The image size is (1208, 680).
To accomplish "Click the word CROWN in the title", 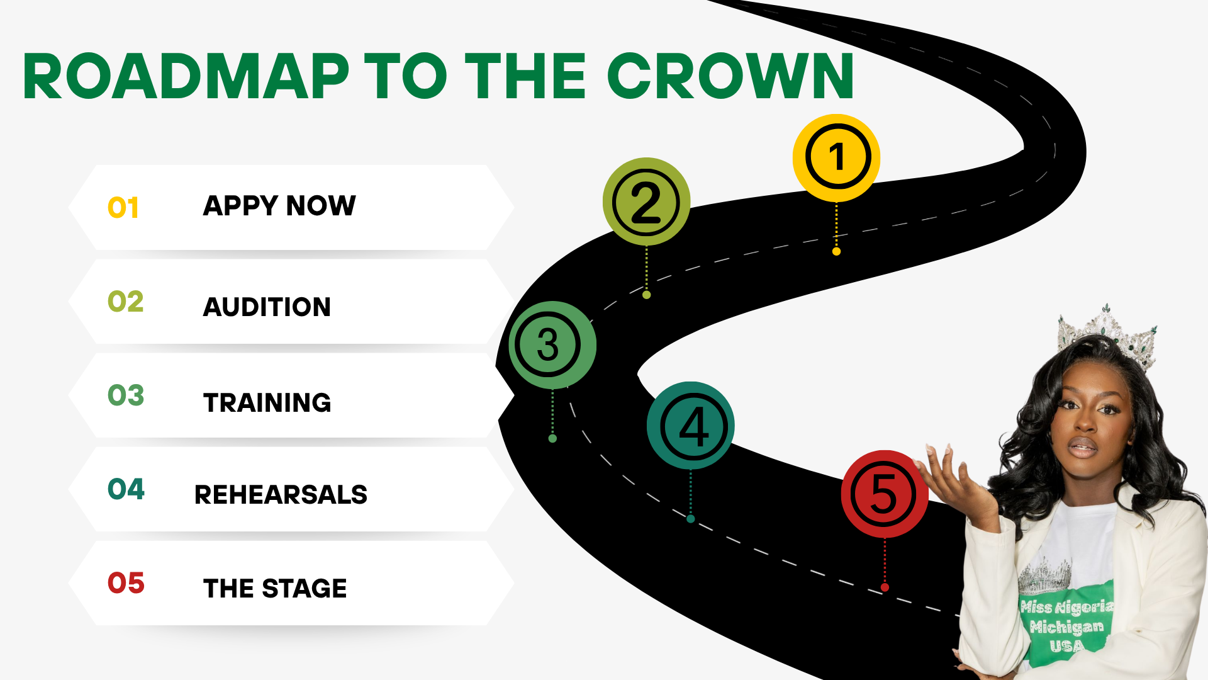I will (x=730, y=76).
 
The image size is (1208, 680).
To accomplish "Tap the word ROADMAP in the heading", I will (x=186, y=76).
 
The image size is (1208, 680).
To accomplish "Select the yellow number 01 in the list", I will (x=123, y=208).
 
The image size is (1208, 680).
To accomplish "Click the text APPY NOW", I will (x=279, y=206).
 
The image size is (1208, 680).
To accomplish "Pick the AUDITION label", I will (x=267, y=307).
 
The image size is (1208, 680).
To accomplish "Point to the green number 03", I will (x=126, y=395).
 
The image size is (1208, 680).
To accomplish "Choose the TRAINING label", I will (x=267, y=403).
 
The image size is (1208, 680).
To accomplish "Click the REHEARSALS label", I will (x=281, y=495).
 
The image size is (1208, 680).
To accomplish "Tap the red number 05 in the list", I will (x=126, y=583).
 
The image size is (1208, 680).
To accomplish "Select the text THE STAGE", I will (x=275, y=589).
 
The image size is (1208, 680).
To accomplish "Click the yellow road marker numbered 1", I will (x=836, y=157).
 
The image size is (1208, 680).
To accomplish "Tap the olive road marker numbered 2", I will (x=646, y=202).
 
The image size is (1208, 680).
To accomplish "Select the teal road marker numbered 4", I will (x=691, y=426).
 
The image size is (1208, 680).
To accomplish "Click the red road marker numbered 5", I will (x=884, y=494).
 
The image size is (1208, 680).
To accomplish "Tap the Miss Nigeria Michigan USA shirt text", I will (x=1066, y=626).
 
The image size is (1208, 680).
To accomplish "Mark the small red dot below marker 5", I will (x=885, y=587).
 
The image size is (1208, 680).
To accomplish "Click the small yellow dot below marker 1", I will (x=836, y=252).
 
